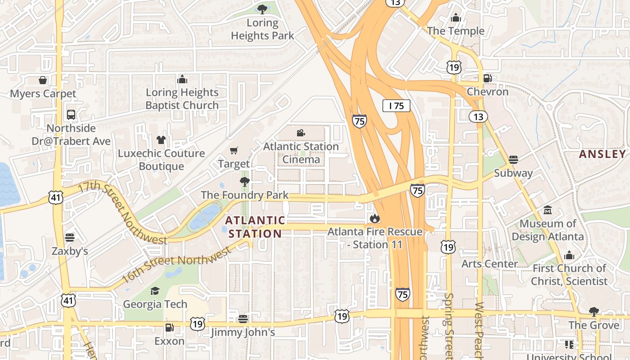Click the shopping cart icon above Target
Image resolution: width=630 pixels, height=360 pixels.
(234, 150)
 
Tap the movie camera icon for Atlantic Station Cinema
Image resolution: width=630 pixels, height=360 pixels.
(301, 133)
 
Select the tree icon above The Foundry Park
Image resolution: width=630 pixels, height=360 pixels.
(245, 182)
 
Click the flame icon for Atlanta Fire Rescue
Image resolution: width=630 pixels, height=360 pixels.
(374, 219)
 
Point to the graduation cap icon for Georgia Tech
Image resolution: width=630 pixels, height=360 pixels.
(155, 291)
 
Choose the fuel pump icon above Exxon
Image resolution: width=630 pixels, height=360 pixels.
(169, 328)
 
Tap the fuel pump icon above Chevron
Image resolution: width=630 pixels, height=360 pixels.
(487, 78)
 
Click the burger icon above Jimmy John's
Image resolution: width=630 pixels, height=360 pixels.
(243, 319)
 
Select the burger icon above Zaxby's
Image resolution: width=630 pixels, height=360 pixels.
(69, 237)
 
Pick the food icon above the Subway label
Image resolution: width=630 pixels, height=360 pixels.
(513, 160)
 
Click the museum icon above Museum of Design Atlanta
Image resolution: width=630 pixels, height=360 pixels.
(548, 210)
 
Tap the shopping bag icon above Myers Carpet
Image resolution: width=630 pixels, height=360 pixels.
(43, 80)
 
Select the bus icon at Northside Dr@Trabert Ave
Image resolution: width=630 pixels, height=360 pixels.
(71, 114)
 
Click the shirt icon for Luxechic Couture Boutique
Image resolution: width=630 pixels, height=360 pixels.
(161, 140)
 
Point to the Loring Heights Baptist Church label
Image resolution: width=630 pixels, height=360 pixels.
(182, 99)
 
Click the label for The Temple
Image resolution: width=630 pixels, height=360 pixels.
(455, 31)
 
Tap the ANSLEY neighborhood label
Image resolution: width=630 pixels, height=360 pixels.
(602, 154)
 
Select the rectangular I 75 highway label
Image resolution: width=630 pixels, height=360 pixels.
(396, 106)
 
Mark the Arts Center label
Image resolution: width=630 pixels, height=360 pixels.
(489, 264)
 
